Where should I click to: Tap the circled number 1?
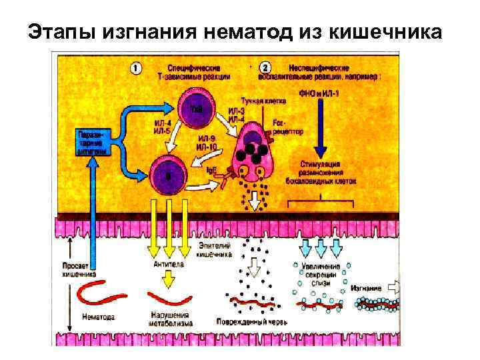pyautogui.click(x=136, y=67)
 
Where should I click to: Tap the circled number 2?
pyautogui.click(x=265, y=67)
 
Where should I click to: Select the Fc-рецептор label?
pyautogui.click(x=288, y=128)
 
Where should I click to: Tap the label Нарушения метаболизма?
pyautogui.click(x=171, y=319)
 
